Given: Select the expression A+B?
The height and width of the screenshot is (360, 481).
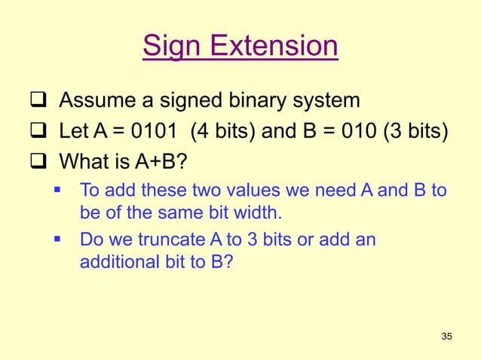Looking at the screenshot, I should pyautogui.click(x=156, y=162).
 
